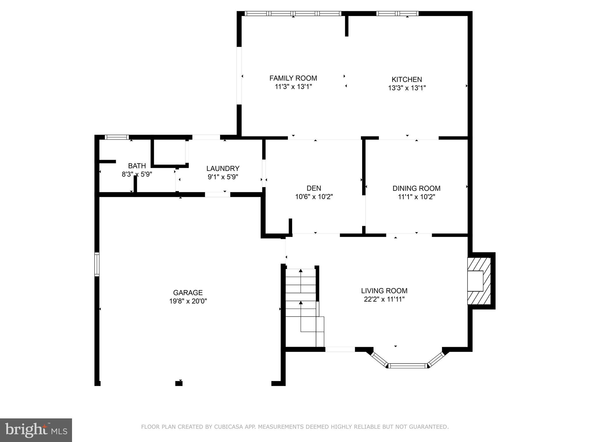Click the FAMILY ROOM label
tap(293, 78)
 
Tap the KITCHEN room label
tap(407, 79)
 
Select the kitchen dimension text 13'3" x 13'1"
tap(407, 88)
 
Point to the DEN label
tap(314, 188)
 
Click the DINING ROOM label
tap(416, 188)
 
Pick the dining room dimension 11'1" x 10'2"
tap(416, 197)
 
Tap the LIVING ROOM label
tap(384, 291)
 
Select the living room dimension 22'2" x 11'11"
tap(384, 300)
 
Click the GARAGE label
tap(188, 293)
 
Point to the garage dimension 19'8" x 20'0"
tap(188, 301)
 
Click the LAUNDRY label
tap(223, 168)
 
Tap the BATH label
tap(137, 166)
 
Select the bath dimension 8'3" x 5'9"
tap(137, 174)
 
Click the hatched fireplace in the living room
tap(479, 281)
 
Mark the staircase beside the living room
tap(305, 308)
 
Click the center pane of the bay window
tap(407, 366)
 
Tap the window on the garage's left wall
tap(97, 264)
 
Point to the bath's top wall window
tap(116, 137)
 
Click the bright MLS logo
tap(36, 430)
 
